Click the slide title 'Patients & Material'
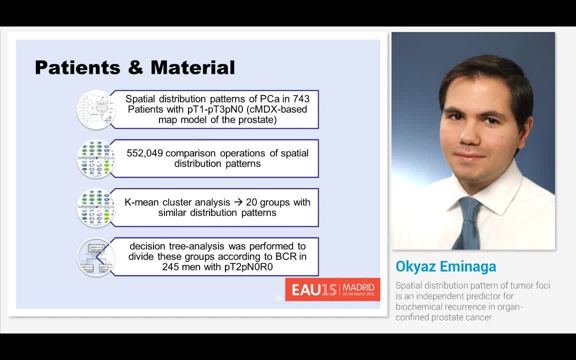[134, 67]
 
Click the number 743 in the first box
[301, 99]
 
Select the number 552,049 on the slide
[145, 153]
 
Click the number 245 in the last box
[173, 267]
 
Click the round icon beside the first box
[96, 109]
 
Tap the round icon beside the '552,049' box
[96, 158]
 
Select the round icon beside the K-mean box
[96, 207]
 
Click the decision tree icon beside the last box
[96, 256]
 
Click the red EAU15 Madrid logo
[332, 289]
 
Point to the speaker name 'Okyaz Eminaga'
[445, 266]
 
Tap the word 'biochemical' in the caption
[417, 306]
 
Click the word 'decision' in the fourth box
[147, 246]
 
